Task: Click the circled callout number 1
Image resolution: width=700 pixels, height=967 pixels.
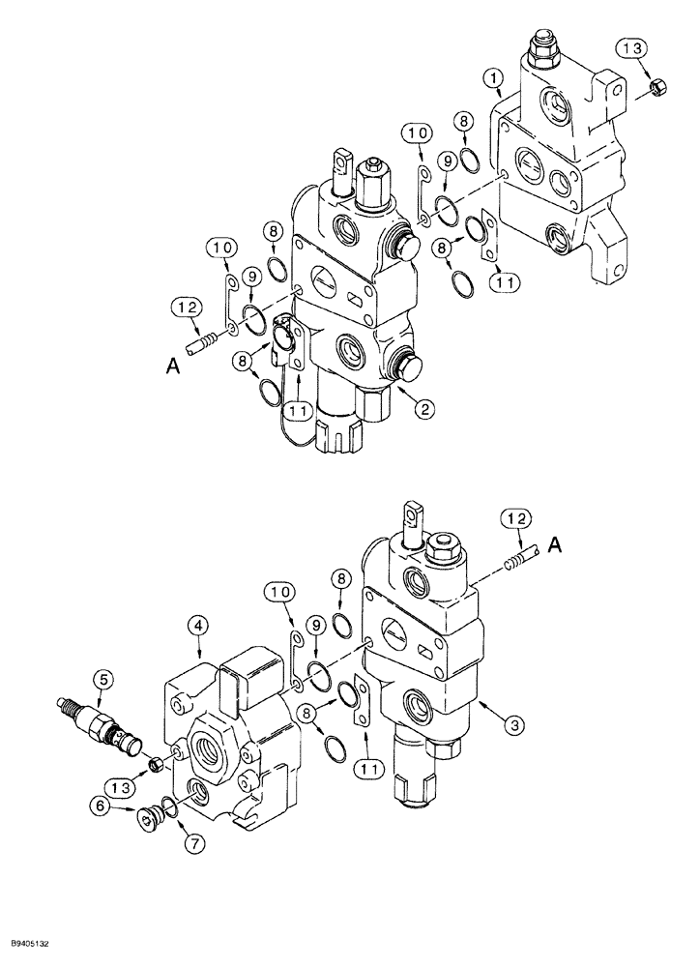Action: click(496, 76)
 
